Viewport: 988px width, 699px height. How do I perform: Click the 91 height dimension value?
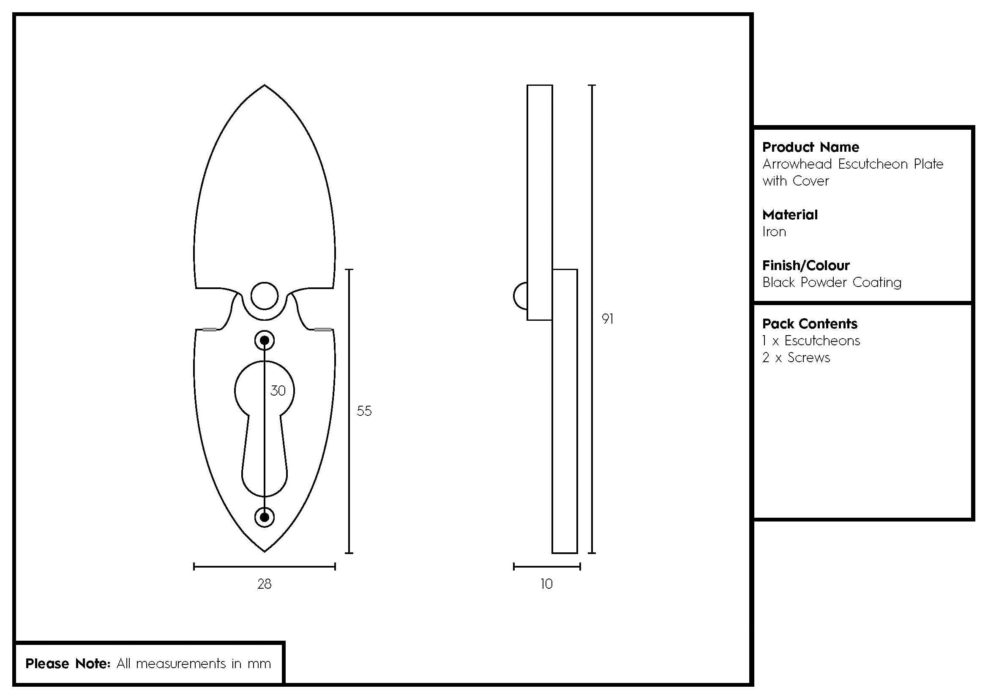[607, 319]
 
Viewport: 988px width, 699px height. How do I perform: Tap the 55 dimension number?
[364, 411]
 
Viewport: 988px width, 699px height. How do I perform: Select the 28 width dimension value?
[264, 584]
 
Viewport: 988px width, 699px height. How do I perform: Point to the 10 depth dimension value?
[546, 584]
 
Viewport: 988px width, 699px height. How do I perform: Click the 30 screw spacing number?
[278, 391]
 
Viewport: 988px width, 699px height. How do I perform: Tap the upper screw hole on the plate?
[265, 341]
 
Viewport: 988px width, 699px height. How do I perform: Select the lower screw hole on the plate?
[265, 517]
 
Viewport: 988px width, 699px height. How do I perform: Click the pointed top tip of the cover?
[264, 85]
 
